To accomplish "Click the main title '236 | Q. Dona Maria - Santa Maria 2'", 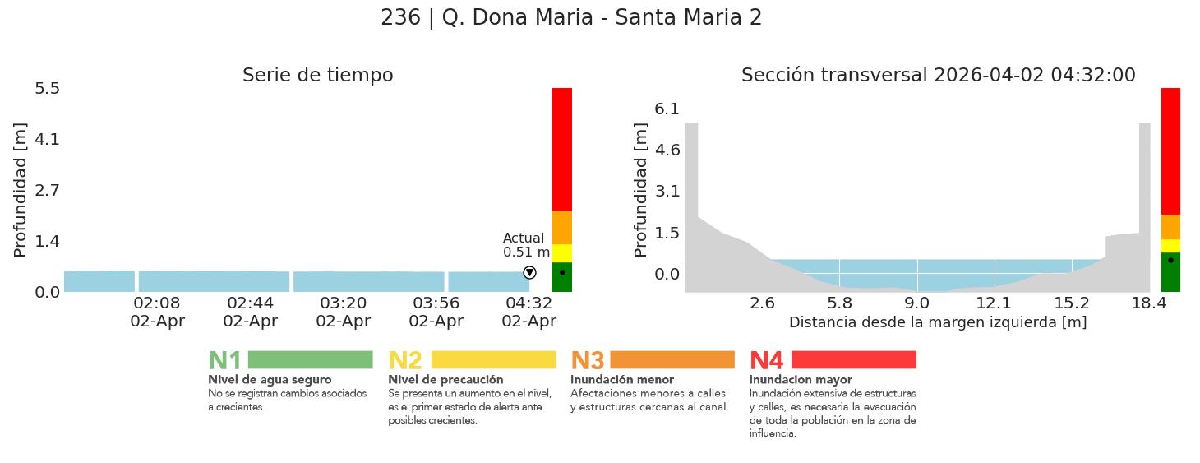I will [x=571, y=18].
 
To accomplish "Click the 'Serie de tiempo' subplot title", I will [x=317, y=76].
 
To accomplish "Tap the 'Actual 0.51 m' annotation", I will [x=526, y=245].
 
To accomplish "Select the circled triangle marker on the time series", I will [x=529, y=273].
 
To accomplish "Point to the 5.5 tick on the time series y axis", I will [x=47, y=88].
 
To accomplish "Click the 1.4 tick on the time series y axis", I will [x=47, y=241].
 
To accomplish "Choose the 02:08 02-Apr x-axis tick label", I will [x=157, y=312].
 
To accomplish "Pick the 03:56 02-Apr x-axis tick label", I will [x=436, y=312].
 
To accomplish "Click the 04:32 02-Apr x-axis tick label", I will [x=528, y=312].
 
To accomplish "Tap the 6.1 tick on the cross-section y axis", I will [x=667, y=109].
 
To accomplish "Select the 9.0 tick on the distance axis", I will [x=917, y=303].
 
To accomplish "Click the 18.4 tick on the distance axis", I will [x=1149, y=303].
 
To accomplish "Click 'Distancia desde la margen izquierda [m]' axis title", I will [x=938, y=322].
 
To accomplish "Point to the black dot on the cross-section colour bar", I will [x=1170, y=260].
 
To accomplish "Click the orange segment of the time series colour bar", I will [x=562, y=227].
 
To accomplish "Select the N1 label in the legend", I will [x=224, y=361].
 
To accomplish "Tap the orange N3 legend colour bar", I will [x=672, y=360].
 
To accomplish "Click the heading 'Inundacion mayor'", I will [x=801, y=380].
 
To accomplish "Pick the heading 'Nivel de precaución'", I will [x=445, y=380].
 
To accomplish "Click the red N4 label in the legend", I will [x=766, y=361].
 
